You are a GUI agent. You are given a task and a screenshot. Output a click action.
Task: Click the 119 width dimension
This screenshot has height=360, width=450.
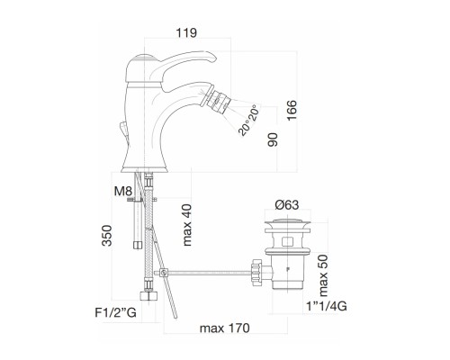click(186, 33)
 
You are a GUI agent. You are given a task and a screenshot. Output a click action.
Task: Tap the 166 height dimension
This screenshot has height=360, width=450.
click(292, 110)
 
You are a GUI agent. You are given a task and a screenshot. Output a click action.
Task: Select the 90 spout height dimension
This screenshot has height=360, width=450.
click(273, 139)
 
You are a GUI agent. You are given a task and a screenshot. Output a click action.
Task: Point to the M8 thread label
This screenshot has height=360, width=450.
click(123, 191)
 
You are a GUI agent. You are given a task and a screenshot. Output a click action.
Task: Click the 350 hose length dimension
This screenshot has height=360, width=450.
click(106, 236)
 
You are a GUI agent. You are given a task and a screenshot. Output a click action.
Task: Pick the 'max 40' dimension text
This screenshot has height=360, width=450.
click(187, 225)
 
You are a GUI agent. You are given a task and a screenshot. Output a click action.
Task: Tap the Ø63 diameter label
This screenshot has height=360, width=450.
click(287, 205)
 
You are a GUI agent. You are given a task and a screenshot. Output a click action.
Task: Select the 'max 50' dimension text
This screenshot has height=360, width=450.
click(324, 275)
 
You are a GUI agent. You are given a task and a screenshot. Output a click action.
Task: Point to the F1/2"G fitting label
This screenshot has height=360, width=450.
click(115, 312)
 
